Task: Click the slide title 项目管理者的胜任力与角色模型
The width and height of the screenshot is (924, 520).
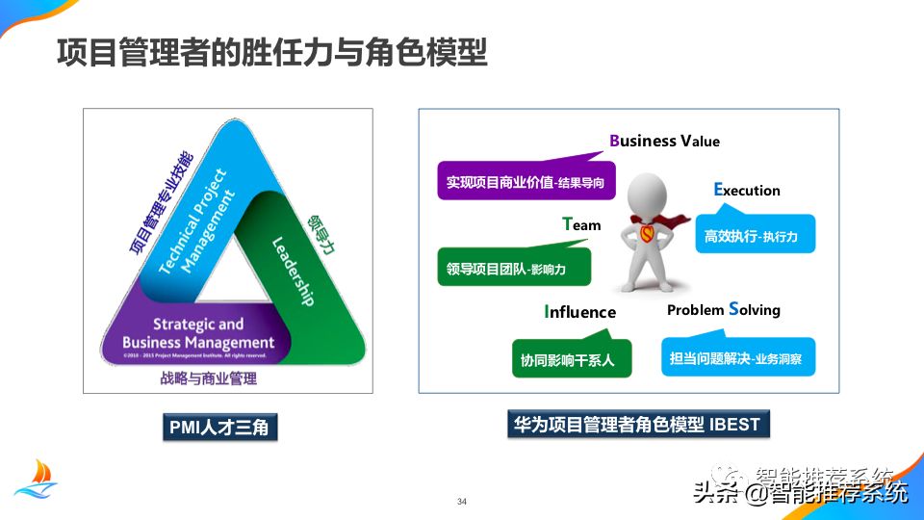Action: (271, 52)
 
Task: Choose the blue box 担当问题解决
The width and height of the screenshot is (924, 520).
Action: (737, 359)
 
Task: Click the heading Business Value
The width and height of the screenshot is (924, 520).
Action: (664, 141)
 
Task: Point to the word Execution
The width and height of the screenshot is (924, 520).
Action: (747, 190)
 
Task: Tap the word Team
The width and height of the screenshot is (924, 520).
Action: (581, 224)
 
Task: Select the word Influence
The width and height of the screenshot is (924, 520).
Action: (579, 312)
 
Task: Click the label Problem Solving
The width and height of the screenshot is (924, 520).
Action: (723, 309)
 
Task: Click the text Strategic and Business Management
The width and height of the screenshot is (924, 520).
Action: (198, 333)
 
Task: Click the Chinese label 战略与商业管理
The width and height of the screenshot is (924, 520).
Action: (209, 378)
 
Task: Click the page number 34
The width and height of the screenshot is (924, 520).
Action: (462, 502)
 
